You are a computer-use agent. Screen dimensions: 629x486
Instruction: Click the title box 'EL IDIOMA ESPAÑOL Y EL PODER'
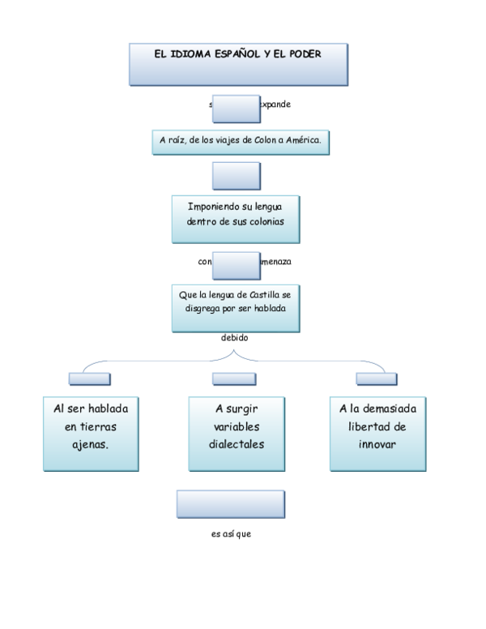[237, 64]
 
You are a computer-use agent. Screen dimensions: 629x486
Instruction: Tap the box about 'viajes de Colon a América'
[241, 140]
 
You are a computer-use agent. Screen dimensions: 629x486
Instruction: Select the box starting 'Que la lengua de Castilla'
[235, 306]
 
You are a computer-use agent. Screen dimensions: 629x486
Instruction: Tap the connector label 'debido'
[235, 337]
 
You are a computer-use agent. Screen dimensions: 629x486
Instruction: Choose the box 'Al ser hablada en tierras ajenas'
[91, 433]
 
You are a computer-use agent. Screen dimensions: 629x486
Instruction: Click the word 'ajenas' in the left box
[91, 446]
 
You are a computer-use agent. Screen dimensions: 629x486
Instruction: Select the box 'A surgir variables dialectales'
[237, 433]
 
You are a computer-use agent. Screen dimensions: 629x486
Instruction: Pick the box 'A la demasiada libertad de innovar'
[377, 433]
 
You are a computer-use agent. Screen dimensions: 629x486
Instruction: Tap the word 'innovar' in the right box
[377, 444]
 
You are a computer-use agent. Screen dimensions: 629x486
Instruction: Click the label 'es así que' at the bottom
[232, 534]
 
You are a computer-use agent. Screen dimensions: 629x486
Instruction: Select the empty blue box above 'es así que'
[232, 504]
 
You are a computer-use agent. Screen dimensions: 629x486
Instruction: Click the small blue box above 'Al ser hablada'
[90, 378]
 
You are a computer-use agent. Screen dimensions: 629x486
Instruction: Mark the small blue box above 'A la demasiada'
[377, 378]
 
